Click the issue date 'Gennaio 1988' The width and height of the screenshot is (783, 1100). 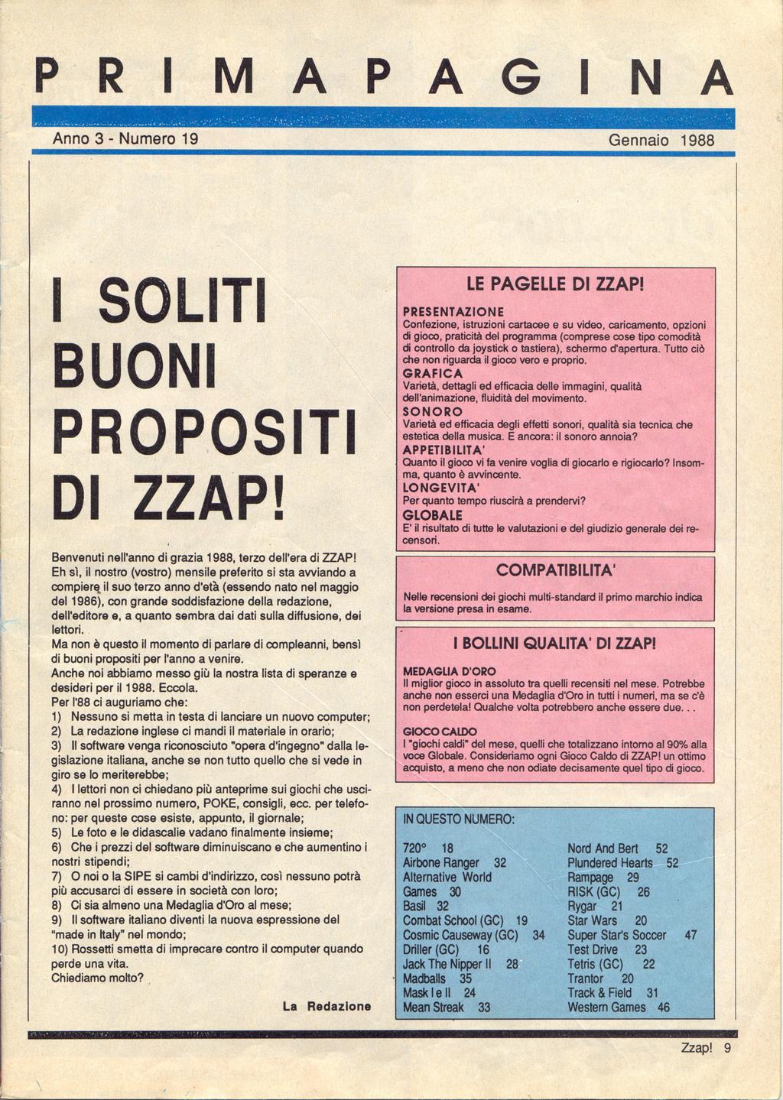(x=661, y=141)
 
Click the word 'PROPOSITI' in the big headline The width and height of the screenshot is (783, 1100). (x=203, y=435)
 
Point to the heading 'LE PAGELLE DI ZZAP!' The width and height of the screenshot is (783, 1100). (x=555, y=287)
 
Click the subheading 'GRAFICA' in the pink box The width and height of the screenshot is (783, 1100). (x=432, y=373)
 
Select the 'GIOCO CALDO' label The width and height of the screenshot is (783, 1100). (x=434, y=732)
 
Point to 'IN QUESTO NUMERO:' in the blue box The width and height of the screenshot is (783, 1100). (x=459, y=819)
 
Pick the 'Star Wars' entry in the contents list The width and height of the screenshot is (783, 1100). (x=592, y=920)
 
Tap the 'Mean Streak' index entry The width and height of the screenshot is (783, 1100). (x=433, y=1008)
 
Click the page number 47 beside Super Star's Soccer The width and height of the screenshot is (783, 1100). (x=690, y=935)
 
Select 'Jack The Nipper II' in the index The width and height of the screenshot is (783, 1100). (x=447, y=964)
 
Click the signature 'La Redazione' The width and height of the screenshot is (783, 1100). (x=327, y=1007)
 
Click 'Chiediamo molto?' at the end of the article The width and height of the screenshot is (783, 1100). (x=97, y=978)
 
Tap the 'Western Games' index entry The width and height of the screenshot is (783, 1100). (x=606, y=1008)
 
